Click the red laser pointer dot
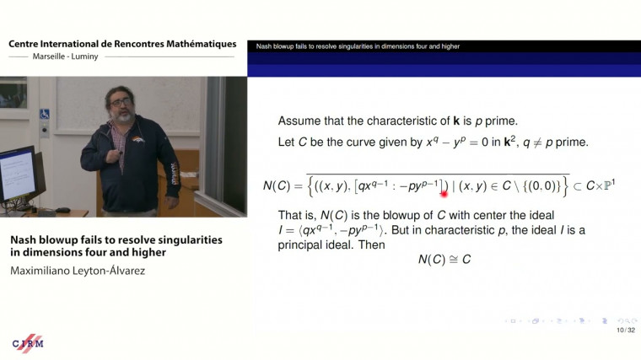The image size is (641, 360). pos(444,193)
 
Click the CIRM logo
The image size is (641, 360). pos(28,342)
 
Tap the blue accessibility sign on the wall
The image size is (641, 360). pos(45,114)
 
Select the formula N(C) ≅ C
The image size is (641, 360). pos(444,260)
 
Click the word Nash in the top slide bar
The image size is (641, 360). pos(264,46)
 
